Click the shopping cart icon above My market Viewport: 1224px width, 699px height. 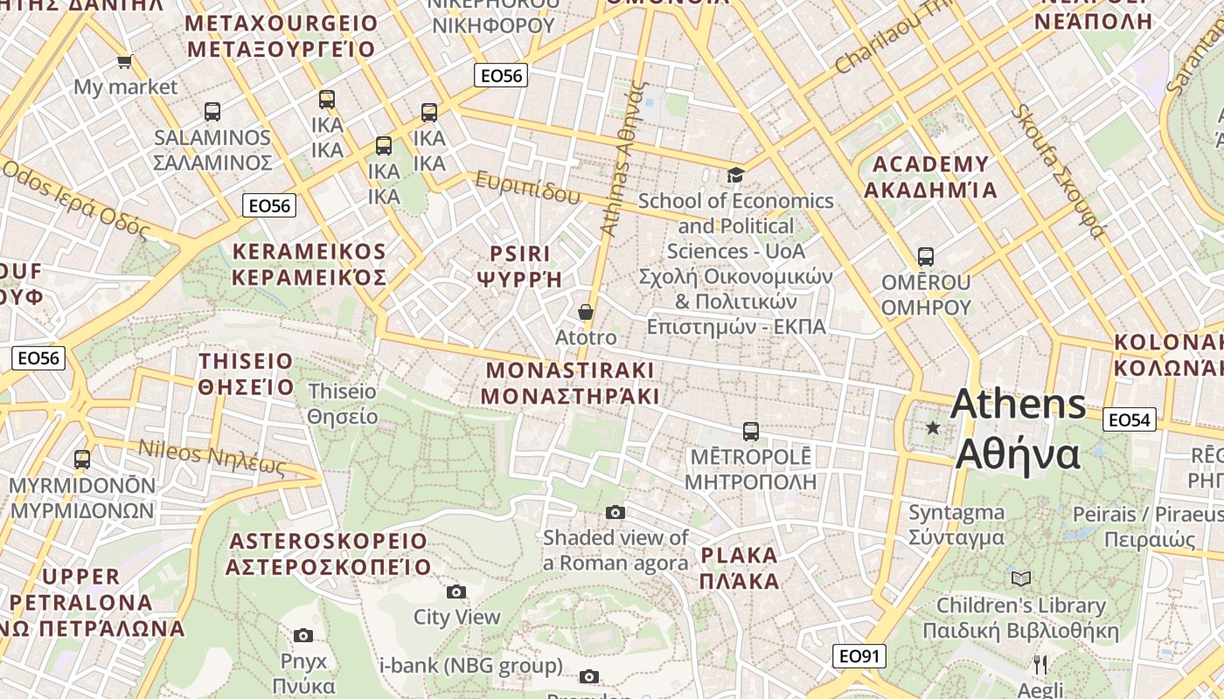pos(124,61)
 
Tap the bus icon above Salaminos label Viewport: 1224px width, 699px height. pos(212,112)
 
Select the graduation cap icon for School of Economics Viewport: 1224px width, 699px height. pos(735,175)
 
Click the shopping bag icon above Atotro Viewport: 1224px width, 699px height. pos(586,312)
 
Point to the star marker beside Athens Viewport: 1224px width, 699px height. pos(933,427)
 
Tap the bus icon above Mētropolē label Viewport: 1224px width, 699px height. pos(750,431)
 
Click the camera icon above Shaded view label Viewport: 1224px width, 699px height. pos(615,512)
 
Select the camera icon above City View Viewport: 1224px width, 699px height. pos(456,592)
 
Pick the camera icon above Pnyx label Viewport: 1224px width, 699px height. pos(303,635)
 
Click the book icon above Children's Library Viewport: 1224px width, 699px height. pos(1020,578)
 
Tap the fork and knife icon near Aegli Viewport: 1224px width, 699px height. pos(1040,665)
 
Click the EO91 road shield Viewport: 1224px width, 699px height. pos(859,656)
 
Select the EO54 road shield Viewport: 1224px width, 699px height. pos(1129,420)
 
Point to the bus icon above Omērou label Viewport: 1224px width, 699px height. pos(926,257)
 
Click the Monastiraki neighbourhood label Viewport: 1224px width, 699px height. pos(570,383)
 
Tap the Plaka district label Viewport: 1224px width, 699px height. pos(739,568)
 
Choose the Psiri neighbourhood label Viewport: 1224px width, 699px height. pos(519,266)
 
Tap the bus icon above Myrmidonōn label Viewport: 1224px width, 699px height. pos(82,459)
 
